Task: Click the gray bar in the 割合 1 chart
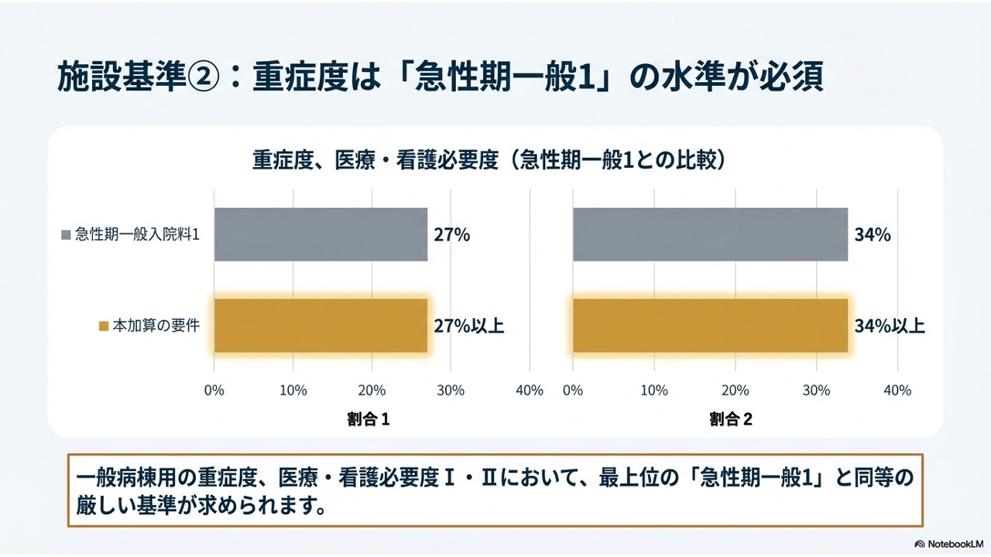click(321, 234)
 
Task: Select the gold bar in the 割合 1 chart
click(321, 326)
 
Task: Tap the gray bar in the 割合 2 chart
click(710, 234)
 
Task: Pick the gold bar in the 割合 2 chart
click(710, 326)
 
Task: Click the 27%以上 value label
click(468, 326)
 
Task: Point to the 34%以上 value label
click(889, 326)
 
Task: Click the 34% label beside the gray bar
click(872, 235)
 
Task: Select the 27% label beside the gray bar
click(451, 235)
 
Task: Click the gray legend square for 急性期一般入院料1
click(66, 235)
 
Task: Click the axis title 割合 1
click(368, 419)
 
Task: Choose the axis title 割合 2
click(731, 419)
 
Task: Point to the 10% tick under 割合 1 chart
click(293, 391)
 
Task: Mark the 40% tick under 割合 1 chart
click(529, 391)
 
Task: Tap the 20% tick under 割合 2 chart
click(735, 391)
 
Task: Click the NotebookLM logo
click(948, 542)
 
